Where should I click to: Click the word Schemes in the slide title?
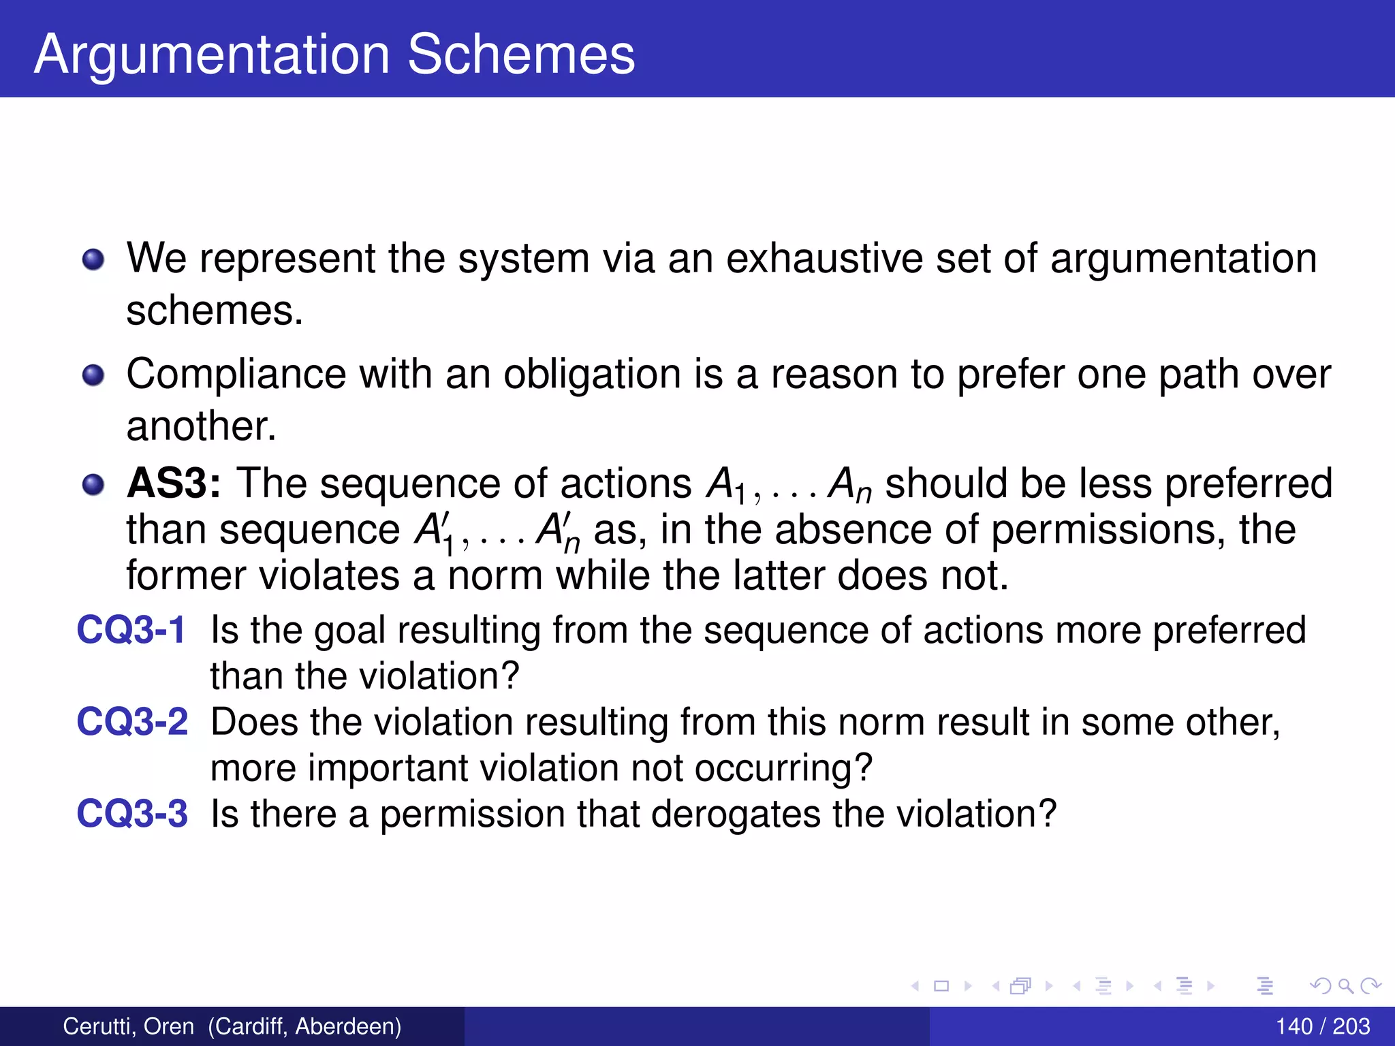point(521,54)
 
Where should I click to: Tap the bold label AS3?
point(174,484)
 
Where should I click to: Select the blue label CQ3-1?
point(131,629)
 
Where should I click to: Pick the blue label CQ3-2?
point(131,721)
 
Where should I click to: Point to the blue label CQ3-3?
point(131,813)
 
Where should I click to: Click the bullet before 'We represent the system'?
point(93,259)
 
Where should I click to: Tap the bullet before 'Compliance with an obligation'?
point(93,375)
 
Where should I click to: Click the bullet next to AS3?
point(93,485)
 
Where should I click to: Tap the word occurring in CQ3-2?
point(783,768)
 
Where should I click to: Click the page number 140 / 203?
point(1322,1026)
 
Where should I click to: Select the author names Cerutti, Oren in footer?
point(128,1026)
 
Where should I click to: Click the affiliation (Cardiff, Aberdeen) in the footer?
point(304,1026)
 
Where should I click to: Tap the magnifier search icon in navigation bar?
point(1345,985)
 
